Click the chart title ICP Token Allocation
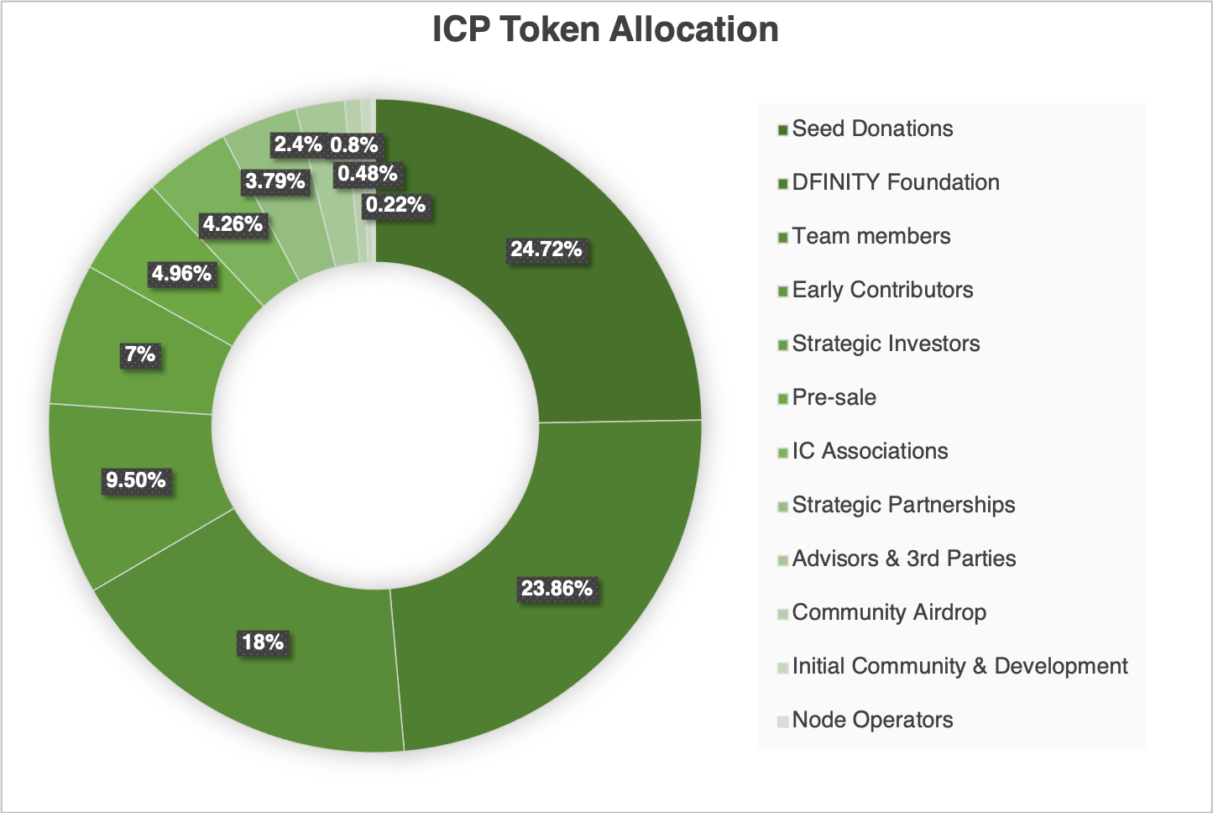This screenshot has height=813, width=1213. pos(605,30)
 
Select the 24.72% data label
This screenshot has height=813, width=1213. pos(546,249)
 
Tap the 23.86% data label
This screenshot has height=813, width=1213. pos(557,589)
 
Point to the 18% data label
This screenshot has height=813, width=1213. pos(263,643)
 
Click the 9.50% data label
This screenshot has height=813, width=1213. pos(135,480)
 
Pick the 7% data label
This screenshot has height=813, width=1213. pos(140,354)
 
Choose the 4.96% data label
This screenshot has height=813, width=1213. pos(181,274)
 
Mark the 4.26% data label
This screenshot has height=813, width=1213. pos(233,224)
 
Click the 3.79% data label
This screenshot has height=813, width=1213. pos(274,181)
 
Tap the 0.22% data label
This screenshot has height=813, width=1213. pos(395,205)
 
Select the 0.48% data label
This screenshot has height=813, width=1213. pos(367,175)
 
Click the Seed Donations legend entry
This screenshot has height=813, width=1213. pos(872,129)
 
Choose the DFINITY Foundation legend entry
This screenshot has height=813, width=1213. pos(896,183)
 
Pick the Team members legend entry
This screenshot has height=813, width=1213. pos(871,237)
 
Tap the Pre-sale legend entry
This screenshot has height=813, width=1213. pos(834,398)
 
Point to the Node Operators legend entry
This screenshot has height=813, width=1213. pos(872,721)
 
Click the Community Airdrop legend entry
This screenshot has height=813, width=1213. pos(889,613)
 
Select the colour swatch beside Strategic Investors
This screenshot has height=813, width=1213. pos(783,345)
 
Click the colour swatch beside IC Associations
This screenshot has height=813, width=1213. pos(783,453)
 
